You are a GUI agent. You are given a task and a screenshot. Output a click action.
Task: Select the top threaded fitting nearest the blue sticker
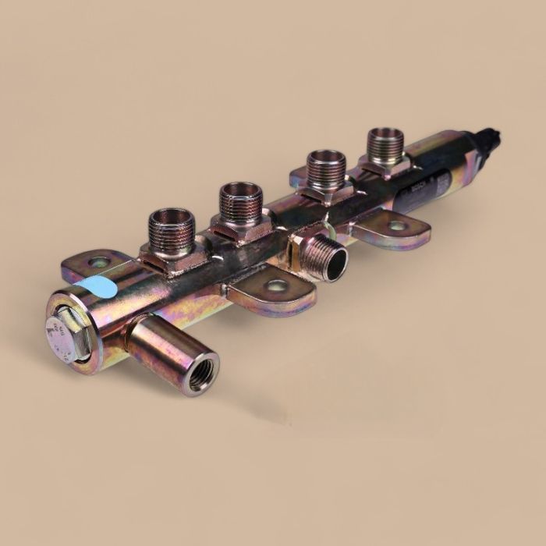click(x=170, y=231)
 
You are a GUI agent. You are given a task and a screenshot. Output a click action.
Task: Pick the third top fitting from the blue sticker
click(x=326, y=168)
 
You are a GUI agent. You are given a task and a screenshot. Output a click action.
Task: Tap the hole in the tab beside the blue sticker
click(x=98, y=263)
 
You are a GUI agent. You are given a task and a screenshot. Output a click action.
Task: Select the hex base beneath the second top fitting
click(x=240, y=229)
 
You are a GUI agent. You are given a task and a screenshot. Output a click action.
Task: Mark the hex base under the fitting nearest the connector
click(x=383, y=166)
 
